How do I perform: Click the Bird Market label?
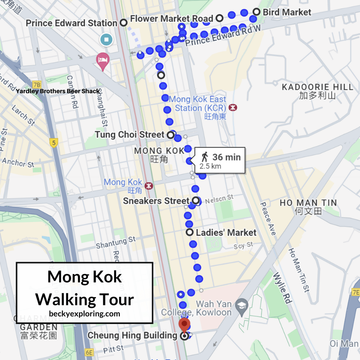point(286,12)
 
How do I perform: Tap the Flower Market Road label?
point(172,18)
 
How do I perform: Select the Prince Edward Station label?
point(72,23)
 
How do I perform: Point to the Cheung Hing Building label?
point(132,335)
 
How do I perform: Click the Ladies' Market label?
point(226,232)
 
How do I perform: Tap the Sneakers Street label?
point(156,200)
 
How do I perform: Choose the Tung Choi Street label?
point(130,135)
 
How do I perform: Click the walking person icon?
point(205,157)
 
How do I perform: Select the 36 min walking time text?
point(226,157)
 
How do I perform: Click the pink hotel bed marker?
point(103,60)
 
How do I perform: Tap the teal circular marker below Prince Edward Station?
point(106,40)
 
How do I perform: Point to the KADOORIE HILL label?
point(318,87)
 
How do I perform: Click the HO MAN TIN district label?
point(308,203)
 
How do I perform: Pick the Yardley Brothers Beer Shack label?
point(58,91)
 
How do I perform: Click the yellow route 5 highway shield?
point(54,142)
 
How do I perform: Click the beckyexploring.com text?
point(84,314)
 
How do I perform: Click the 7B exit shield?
point(37,85)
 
